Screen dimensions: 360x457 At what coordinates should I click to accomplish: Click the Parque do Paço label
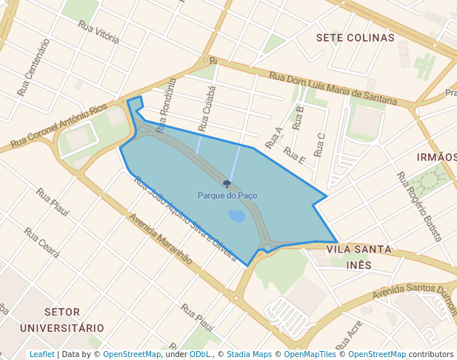[x=227, y=196]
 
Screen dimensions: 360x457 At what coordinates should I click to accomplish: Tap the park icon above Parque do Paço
[x=227, y=184]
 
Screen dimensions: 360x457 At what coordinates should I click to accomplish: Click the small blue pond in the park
[x=237, y=216]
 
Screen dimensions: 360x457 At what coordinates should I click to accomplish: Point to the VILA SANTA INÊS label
[x=359, y=257]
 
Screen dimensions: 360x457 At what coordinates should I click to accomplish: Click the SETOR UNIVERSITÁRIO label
[x=62, y=319]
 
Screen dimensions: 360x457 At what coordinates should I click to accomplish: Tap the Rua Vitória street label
[x=99, y=32]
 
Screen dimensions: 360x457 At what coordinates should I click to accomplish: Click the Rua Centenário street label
[x=33, y=68]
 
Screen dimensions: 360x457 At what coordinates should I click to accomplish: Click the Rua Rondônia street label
[x=164, y=104]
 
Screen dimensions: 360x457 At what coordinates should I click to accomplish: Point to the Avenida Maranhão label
[x=160, y=239]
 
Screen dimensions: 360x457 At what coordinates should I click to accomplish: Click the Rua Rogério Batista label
[x=419, y=207]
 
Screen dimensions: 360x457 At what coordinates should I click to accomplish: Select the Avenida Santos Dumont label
[x=416, y=290]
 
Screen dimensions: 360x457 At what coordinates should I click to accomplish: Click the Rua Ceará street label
[x=41, y=242]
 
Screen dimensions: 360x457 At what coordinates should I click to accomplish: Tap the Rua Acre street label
[x=349, y=335]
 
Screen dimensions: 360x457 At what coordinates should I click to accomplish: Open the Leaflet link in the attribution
[x=41, y=354]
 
